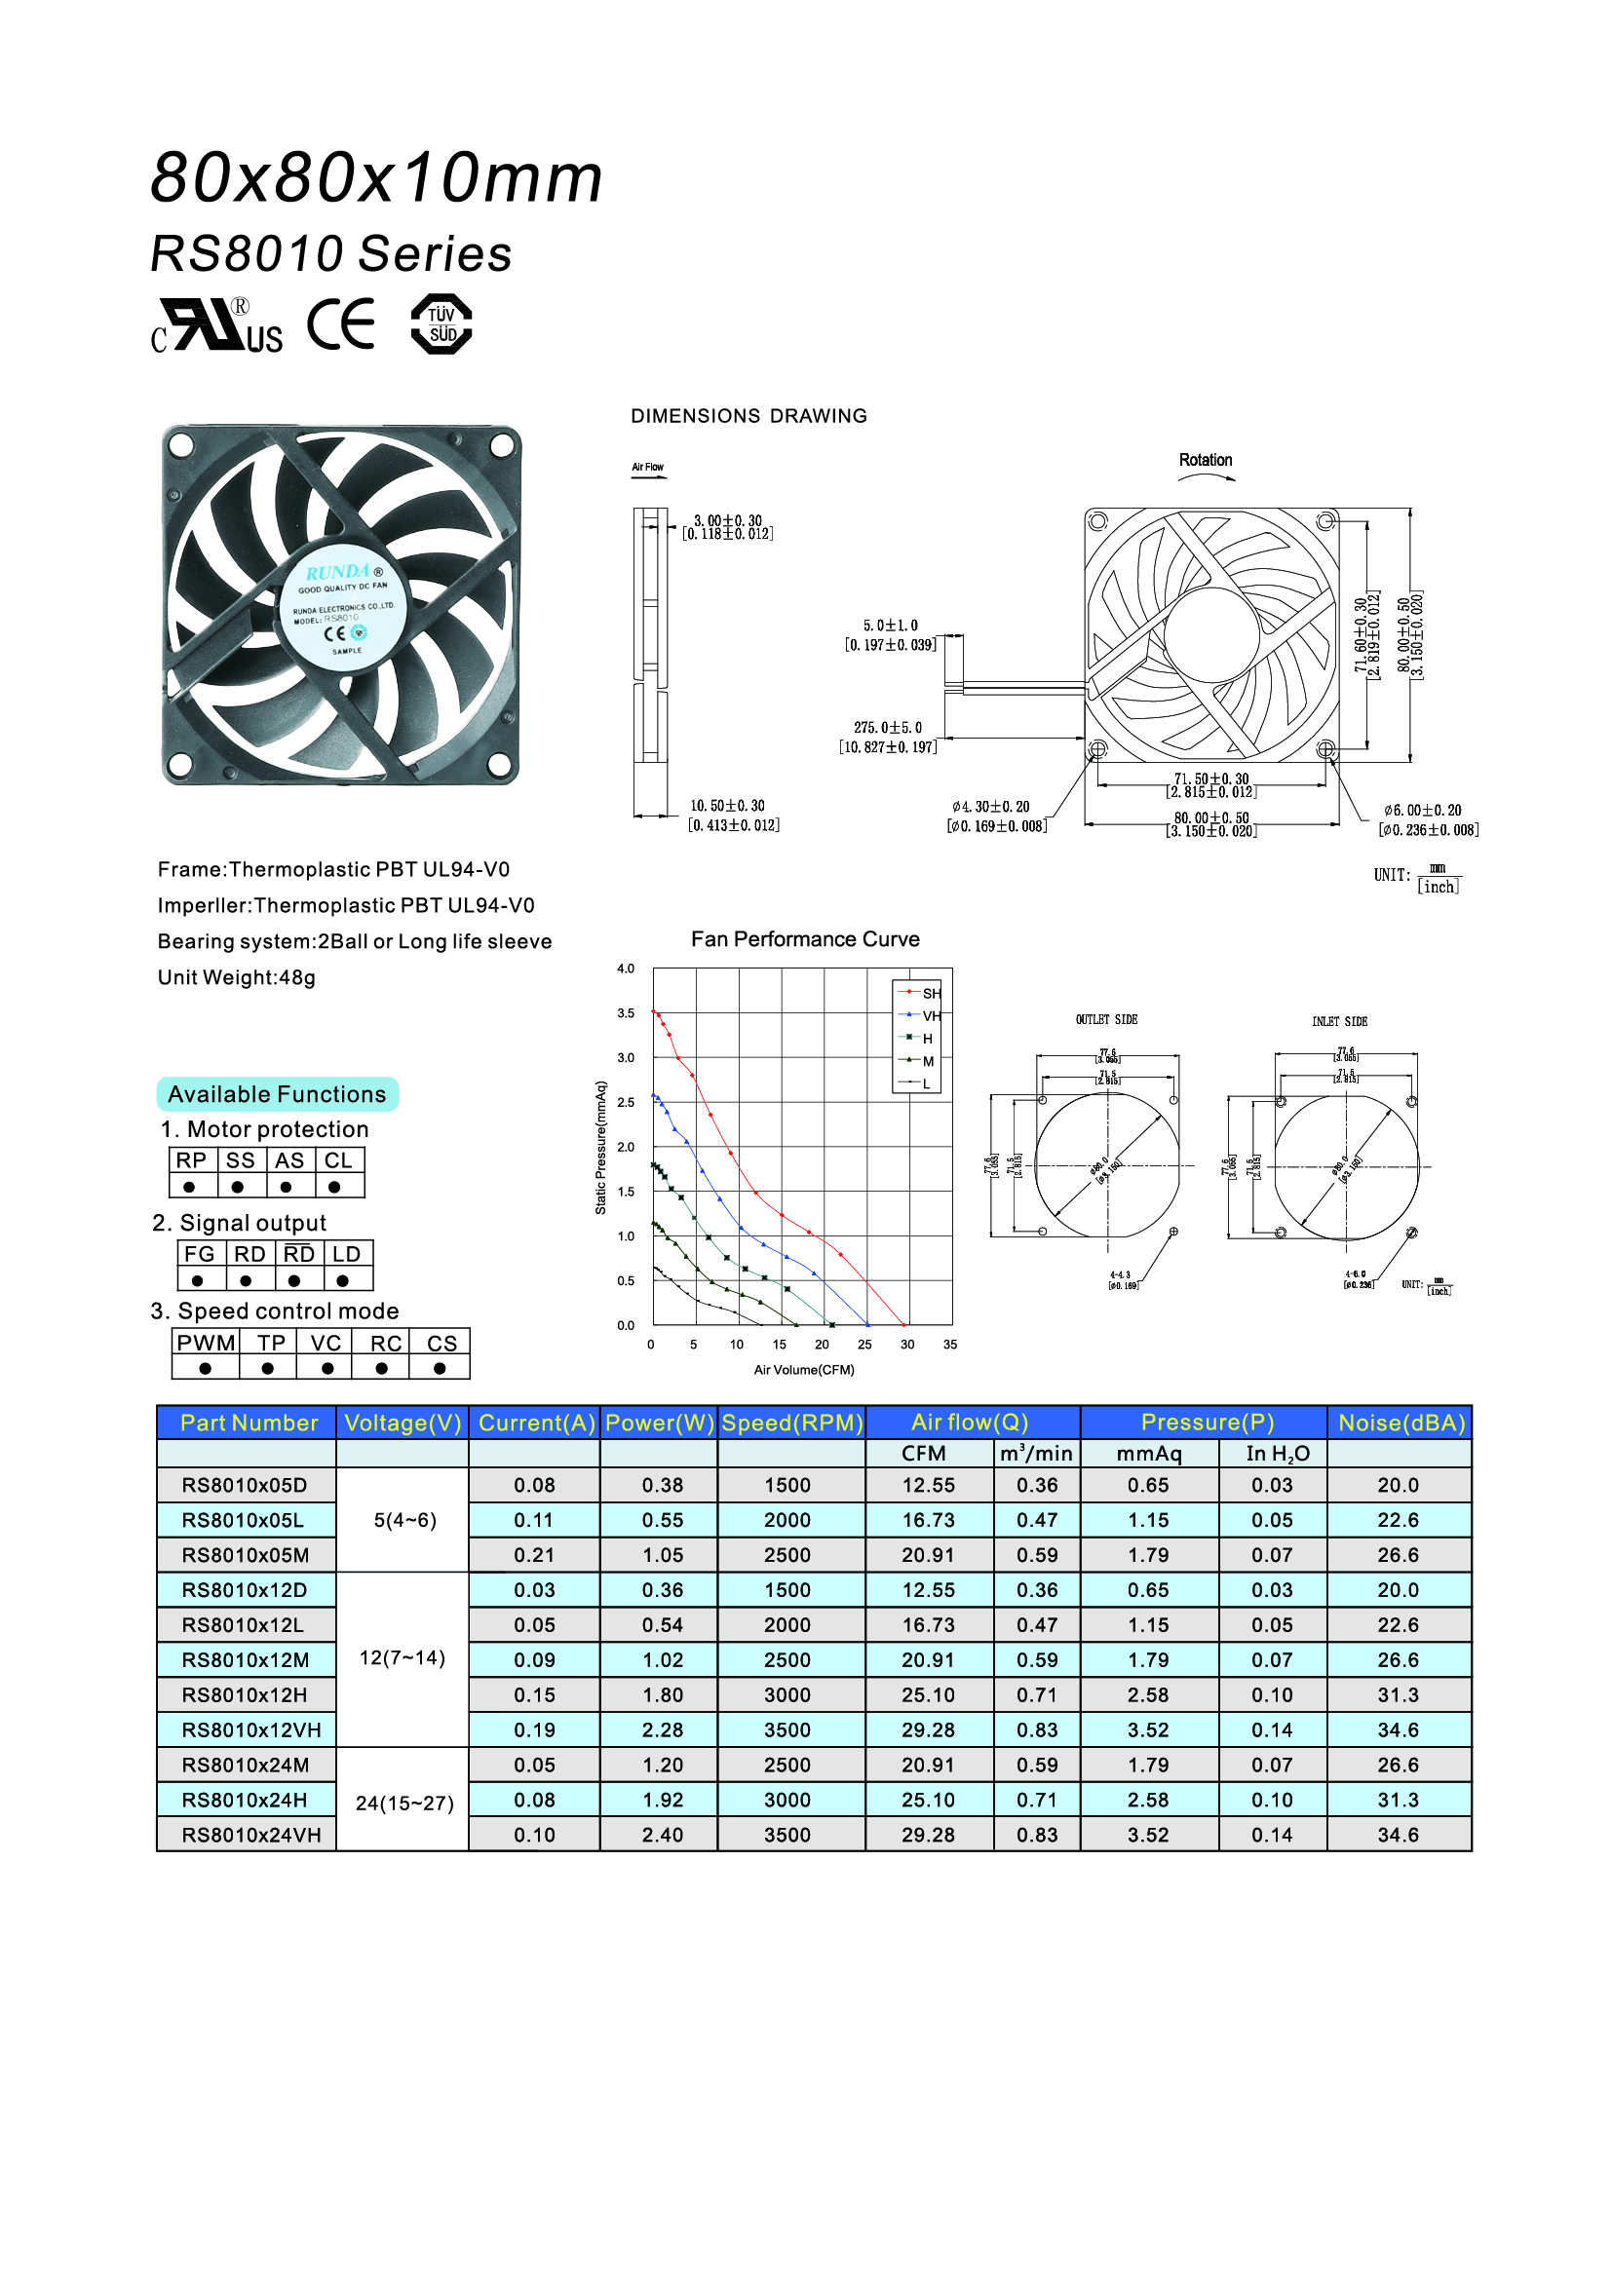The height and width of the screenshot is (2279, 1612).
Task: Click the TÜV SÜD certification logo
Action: point(441,323)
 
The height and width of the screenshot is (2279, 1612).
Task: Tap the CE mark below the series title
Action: point(341,324)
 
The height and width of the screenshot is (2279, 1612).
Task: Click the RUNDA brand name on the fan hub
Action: point(337,573)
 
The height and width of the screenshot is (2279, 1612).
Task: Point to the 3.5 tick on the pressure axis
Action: point(626,1013)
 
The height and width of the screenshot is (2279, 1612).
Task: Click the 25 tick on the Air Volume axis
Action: point(864,1345)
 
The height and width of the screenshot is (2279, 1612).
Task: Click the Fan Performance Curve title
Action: point(805,939)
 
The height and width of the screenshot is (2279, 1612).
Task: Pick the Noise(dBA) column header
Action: point(1401,1423)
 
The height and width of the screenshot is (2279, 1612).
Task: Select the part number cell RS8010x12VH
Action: point(251,1730)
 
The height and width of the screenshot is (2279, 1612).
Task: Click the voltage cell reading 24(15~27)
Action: point(404,1803)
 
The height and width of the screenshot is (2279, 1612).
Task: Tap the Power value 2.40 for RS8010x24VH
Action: point(662,1836)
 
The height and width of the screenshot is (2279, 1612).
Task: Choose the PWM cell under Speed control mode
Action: point(207,1343)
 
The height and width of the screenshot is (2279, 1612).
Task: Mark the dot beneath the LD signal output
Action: point(342,1280)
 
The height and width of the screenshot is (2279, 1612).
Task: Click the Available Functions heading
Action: point(277,1094)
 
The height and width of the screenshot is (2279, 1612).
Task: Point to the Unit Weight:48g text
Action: point(236,977)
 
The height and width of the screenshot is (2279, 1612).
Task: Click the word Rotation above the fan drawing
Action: point(1205,460)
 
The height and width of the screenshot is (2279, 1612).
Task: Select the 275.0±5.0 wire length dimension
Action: point(889,728)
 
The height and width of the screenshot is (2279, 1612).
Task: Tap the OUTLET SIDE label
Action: point(1107,1019)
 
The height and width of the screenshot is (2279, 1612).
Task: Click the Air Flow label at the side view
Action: point(647,467)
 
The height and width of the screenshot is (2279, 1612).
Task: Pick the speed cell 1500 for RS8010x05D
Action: point(787,1485)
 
